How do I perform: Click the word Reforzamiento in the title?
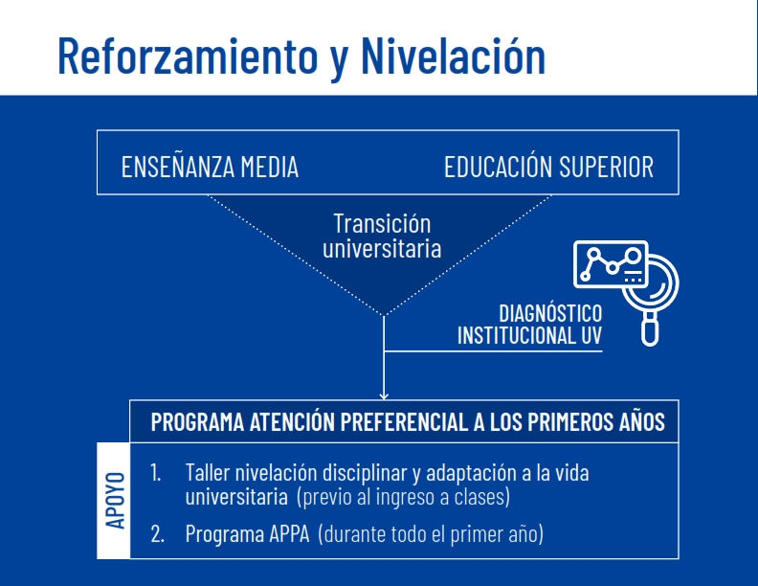[188, 56]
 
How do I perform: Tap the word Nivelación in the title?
[454, 56]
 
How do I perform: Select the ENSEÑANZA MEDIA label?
[210, 166]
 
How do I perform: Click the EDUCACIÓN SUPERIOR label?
[548, 166]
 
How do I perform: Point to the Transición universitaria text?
[382, 236]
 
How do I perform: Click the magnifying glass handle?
[650, 328]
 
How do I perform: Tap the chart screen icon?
[611, 264]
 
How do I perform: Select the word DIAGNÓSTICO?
[550, 313]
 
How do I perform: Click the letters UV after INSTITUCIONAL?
[591, 335]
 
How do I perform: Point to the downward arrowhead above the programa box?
[384, 395]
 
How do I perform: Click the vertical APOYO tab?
[114, 501]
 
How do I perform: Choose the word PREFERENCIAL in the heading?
[404, 421]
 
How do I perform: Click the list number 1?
[156, 472]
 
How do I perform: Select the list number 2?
[157, 533]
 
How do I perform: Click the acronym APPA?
[289, 533]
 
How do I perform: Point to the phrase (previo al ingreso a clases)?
[404, 497]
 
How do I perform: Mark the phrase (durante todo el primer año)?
[431, 534]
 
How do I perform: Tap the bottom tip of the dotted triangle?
[384, 316]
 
